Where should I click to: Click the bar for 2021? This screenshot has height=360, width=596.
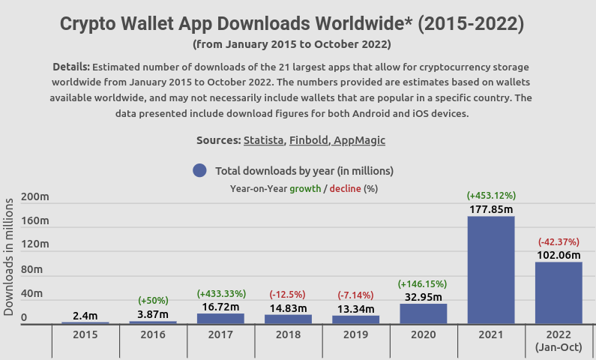point(491,270)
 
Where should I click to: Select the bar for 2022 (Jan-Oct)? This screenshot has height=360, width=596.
point(559,293)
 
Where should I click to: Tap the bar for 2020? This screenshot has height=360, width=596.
point(423,313)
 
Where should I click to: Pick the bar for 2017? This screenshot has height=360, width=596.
point(220,319)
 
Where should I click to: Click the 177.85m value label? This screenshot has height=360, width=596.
point(491,208)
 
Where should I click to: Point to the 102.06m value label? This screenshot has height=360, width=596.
point(559,255)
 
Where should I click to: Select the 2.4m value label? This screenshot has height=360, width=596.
point(85,316)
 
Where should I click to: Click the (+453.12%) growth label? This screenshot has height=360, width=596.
point(491,196)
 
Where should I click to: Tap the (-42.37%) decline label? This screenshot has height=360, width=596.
point(559,242)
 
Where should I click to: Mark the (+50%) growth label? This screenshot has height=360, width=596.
point(153,301)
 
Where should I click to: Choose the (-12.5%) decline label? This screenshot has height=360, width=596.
point(288,294)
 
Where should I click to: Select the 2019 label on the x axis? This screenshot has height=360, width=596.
point(355,334)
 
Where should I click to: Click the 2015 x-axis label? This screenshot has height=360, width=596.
point(85,334)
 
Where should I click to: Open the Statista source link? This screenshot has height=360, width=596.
point(263,140)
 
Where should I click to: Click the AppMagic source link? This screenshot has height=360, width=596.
point(359,140)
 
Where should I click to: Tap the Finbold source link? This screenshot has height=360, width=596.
point(308,140)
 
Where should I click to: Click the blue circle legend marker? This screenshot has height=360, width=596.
point(199,170)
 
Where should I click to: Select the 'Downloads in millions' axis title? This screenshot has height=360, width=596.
point(9,256)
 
